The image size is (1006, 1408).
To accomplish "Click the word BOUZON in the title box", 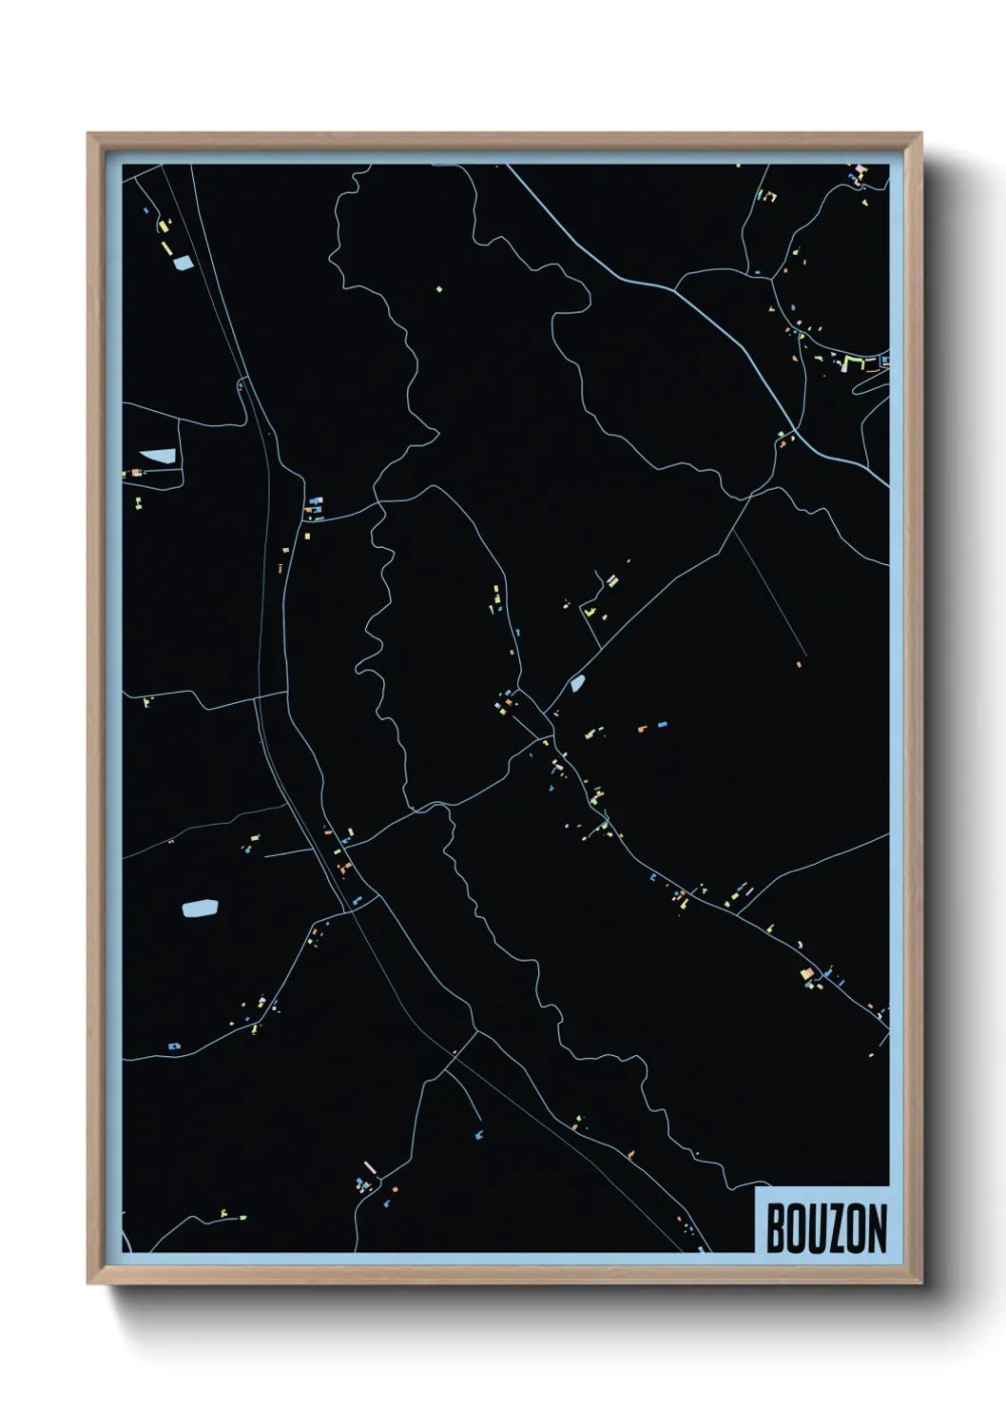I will tap(825, 1228).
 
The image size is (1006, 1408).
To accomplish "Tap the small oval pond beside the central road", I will tap(576, 682).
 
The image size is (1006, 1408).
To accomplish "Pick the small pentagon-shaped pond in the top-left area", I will tap(182, 264).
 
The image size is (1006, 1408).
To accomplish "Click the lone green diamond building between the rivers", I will tap(438, 289).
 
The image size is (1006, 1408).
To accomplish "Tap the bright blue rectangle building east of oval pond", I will tap(662, 725).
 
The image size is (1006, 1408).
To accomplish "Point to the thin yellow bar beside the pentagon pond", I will tap(167, 247).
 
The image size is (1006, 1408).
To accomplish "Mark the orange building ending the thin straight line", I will tap(799, 664).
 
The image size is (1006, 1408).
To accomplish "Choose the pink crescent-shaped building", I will tap(801, 944).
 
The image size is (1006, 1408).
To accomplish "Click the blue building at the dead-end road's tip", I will tap(479, 1134).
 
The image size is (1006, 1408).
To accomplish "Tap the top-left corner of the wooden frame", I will tap(88, 134).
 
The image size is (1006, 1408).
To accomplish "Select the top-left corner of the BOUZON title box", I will tap(756, 1188).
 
